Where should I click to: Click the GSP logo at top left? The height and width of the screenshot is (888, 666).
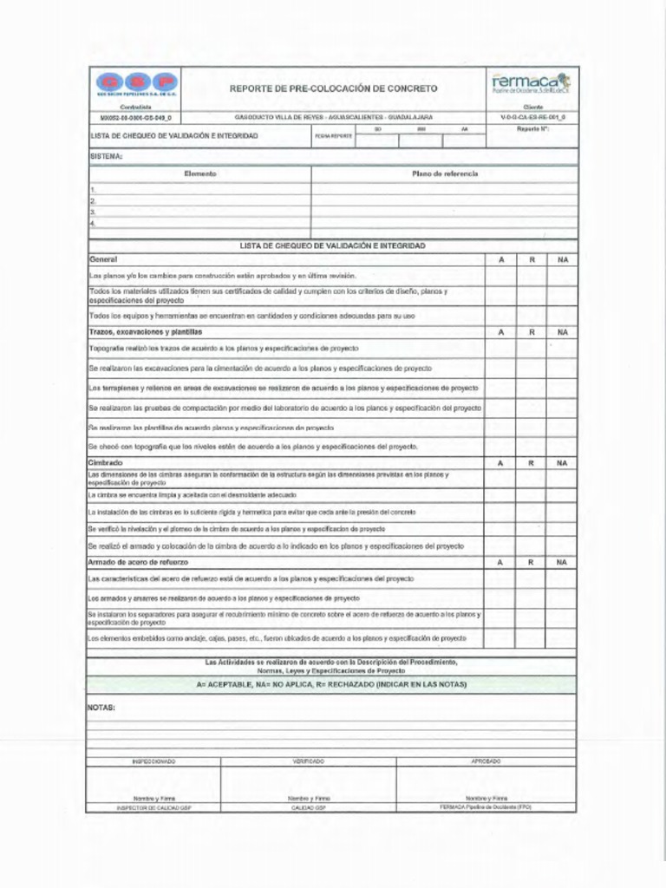[x=136, y=85]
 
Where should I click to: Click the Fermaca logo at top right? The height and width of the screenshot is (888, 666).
[x=531, y=83]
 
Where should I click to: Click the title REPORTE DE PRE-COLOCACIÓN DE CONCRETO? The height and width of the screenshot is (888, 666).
[x=333, y=88]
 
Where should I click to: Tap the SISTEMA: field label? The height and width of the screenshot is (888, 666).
[x=106, y=157]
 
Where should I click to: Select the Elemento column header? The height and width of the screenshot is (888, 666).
[x=200, y=174]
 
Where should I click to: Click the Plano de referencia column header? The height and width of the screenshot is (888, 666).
[x=444, y=174]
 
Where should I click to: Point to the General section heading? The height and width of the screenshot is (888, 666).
[x=103, y=259]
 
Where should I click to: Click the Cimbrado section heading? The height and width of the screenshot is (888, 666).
[x=106, y=463]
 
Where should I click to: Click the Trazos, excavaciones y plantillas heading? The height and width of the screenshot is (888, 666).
[x=145, y=332]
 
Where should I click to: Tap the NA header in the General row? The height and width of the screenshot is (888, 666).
[x=562, y=260]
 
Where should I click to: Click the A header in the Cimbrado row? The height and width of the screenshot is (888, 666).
[x=500, y=464]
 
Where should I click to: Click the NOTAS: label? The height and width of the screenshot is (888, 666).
[x=101, y=708]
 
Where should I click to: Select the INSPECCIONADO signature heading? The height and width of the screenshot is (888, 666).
[x=153, y=761]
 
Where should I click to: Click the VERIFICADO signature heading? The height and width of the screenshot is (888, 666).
[x=309, y=761]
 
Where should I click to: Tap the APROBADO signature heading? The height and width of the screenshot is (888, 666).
[x=486, y=761]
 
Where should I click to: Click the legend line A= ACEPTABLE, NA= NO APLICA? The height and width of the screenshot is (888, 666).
[x=332, y=684]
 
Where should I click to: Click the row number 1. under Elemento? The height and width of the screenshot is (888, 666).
[x=93, y=189]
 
